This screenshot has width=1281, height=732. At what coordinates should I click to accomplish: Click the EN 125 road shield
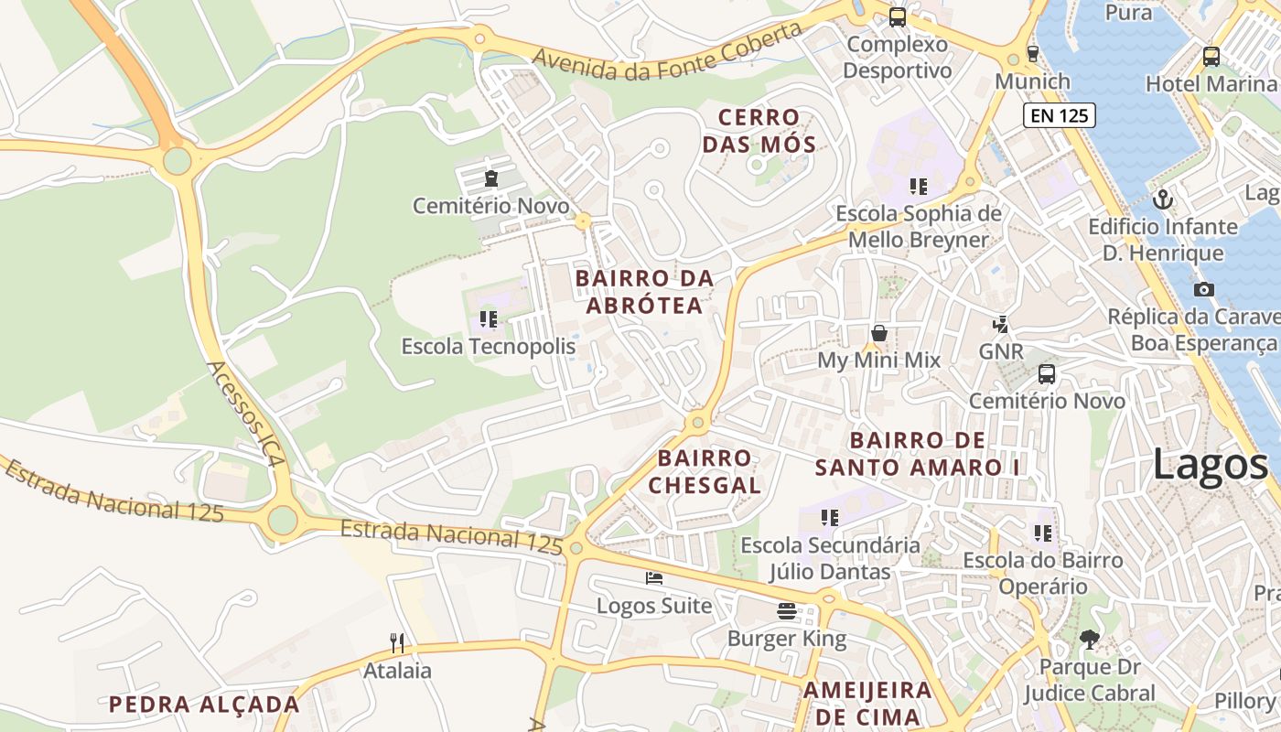(1060, 115)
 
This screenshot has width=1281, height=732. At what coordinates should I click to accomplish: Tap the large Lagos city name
(1209, 465)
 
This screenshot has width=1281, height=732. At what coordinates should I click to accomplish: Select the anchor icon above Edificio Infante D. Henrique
(1163, 199)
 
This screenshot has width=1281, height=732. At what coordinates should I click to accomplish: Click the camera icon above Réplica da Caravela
(1204, 289)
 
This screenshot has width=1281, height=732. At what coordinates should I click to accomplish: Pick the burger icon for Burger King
(787, 610)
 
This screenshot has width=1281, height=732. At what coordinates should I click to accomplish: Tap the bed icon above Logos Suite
(653, 578)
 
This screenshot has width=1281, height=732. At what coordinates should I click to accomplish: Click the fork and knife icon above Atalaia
(397, 643)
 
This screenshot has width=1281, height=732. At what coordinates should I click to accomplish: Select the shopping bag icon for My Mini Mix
(878, 333)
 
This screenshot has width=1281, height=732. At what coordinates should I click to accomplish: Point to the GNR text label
(1001, 351)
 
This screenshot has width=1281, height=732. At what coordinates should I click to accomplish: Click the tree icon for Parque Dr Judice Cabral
(1089, 639)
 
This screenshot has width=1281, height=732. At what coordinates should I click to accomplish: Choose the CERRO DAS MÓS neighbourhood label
(766, 131)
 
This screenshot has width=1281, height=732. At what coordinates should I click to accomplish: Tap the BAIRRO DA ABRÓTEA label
(644, 291)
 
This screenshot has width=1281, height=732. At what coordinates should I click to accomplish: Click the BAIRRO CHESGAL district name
(705, 471)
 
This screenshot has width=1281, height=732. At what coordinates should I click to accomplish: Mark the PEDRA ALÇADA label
(204, 705)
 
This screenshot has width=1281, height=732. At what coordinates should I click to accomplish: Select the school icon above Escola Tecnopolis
(489, 319)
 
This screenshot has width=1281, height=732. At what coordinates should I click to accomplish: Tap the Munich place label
(1032, 81)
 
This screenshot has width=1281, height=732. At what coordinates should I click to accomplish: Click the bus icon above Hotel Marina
(1211, 57)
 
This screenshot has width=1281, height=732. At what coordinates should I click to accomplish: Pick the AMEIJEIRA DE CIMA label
(867, 703)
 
